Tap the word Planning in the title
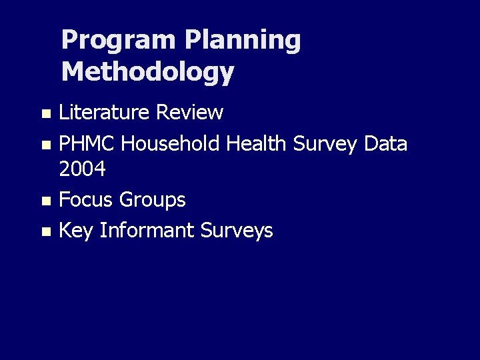point(243,41)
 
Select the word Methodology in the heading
point(147,72)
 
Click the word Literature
point(104,113)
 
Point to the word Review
point(189,113)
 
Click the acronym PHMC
point(87,143)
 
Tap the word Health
point(257,143)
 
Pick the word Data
point(385,143)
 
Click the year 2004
point(83,170)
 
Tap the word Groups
point(153,200)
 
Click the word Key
point(76,231)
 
